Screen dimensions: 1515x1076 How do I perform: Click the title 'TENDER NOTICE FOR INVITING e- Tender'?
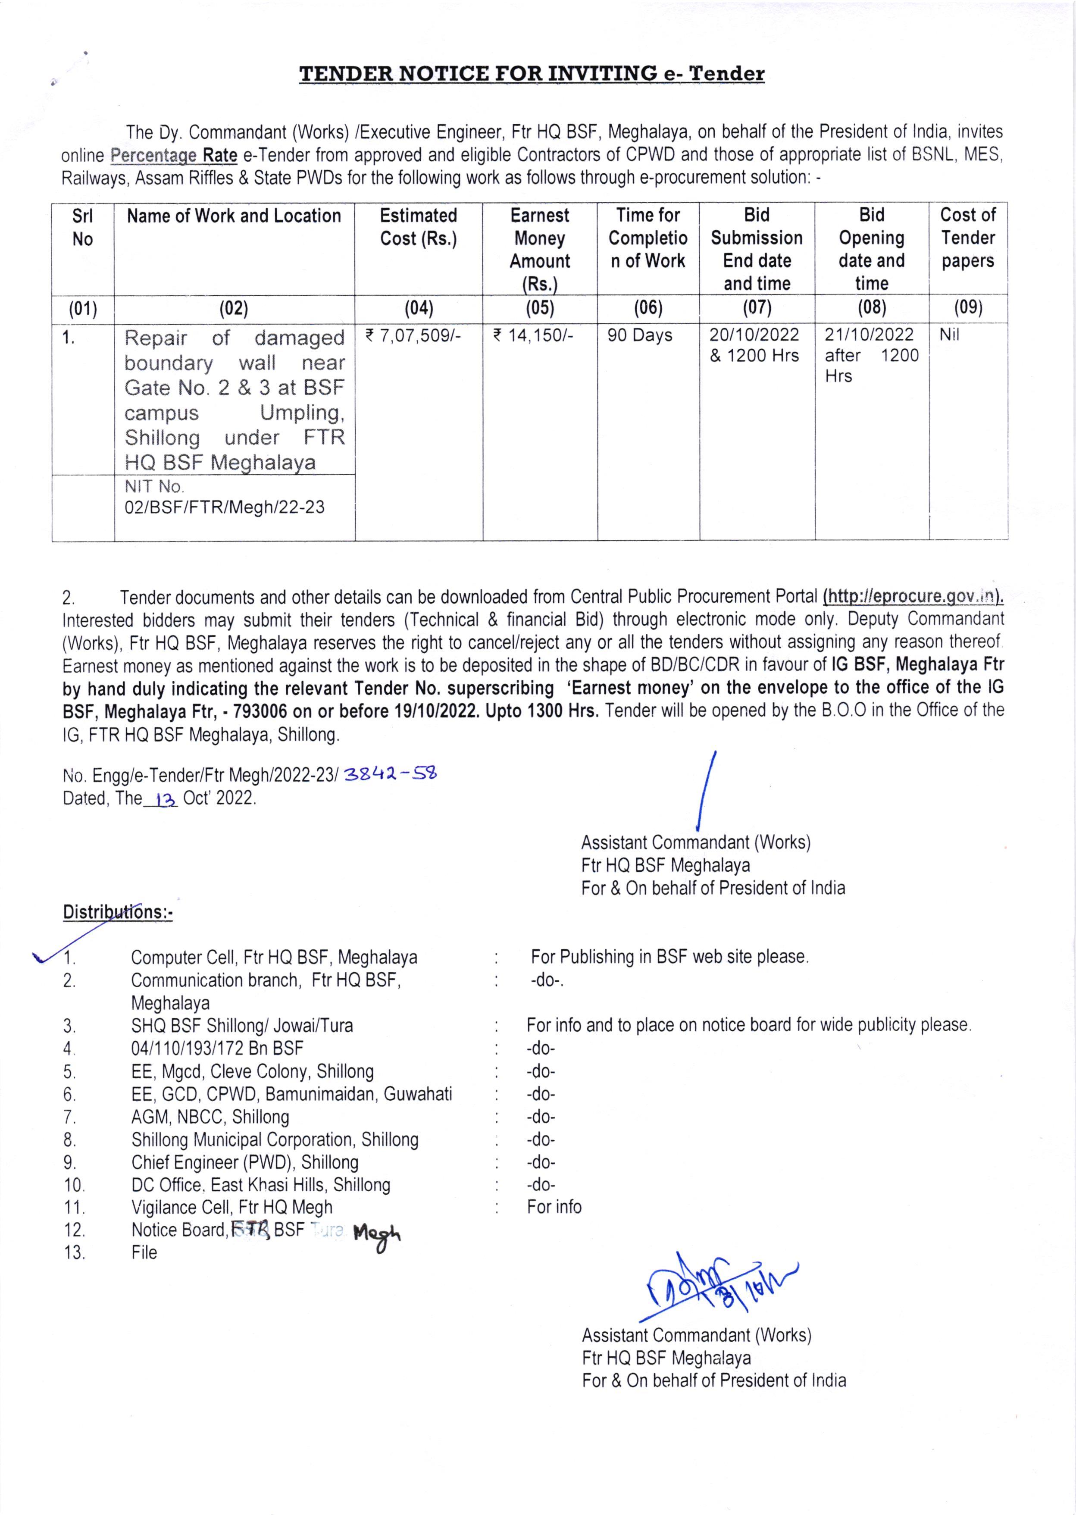[532, 74]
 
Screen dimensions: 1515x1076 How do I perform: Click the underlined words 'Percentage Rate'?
[174, 156]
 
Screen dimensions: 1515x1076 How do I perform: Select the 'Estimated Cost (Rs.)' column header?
[418, 227]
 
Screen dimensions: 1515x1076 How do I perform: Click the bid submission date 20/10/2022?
[755, 335]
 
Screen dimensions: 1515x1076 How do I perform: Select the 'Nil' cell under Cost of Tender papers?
[949, 335]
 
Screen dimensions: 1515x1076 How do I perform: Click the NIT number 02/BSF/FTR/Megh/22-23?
[225, 508]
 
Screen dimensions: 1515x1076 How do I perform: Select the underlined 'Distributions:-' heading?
[117, 913]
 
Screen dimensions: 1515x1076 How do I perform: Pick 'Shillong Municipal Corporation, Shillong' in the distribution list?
[275, 1140]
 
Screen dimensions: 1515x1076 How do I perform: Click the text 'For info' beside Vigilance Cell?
[554, 1208]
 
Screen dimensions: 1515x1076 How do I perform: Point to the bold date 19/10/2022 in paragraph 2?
[427, 711]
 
